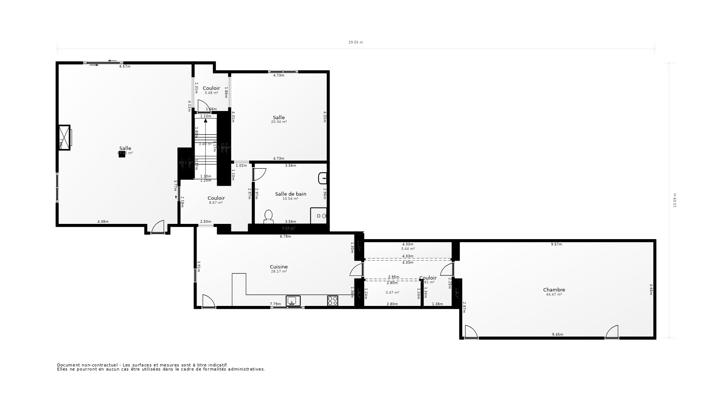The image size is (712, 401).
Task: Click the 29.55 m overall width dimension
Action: click(x=356, y=42)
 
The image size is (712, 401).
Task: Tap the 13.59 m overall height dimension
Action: click(x=675, y=200)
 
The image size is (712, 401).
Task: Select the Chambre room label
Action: click(x=554, y=290)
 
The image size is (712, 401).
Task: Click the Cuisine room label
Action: click(x=278, y=267)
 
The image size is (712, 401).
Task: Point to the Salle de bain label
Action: click(x=290, y=194)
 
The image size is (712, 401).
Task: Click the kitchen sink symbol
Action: click(x=293, y=301)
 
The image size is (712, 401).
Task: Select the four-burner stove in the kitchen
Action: click(x=333, y=301)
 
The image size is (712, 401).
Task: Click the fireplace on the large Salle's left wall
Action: click(x=65, y=137)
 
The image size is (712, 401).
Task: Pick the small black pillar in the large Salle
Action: click(x=122, y=154)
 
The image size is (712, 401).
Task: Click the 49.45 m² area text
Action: click(x=125, y=153)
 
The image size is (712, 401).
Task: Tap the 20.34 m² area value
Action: click(x=279, y=122)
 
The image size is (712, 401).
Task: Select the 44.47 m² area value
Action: click(x=554, y=294)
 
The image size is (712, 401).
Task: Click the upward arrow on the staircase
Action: click(x=205, y=121)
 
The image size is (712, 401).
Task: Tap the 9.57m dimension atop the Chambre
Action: click(x=556, y=244)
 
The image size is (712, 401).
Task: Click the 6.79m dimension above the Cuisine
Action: click(x=285, y=237)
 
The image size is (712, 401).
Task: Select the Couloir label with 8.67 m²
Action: click(x=216, y=198)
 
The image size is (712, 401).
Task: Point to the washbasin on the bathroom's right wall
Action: click(x=323, y=178)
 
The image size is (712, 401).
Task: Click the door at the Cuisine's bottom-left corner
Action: click(x=208, y=301)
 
